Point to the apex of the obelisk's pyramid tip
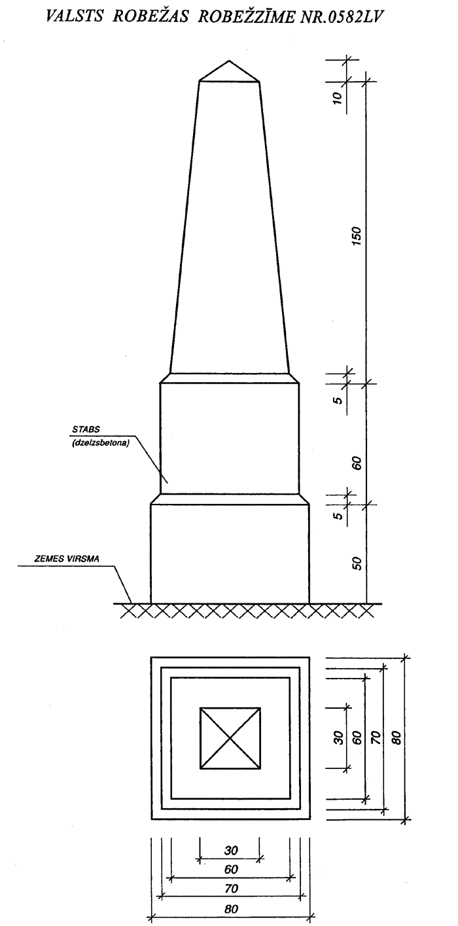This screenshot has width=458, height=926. click(x=229, y=62)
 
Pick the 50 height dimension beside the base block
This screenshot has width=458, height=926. click(x=357, y=563)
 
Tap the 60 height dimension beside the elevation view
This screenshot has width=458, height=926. click(x=357, y=463)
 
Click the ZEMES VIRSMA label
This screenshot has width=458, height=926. click(x=63, y=560)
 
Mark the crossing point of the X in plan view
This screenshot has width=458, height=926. click(x=230, y=738)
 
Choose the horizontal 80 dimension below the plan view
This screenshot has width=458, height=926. click(x=230, y=909)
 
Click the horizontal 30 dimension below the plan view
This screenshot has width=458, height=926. click(x=230, y=851)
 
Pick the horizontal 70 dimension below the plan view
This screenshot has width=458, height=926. click(x=230, y=889)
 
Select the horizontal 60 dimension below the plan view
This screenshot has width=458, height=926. click(x=230, y=870)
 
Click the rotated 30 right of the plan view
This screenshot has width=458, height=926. click(x=338, y=738)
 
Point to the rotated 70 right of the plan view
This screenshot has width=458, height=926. click(x=376, y=738)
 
